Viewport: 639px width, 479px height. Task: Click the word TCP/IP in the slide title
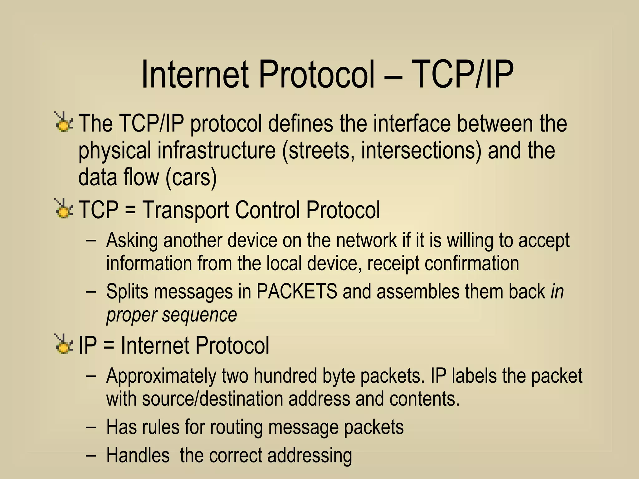pos(463,75)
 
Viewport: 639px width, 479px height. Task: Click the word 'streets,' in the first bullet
pos(321,150)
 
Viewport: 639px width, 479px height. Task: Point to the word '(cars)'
pos(191,177)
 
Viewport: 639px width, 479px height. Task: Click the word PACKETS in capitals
pos(297,291)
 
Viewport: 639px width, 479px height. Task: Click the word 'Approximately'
pos(161,375)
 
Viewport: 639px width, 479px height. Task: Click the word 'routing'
pos(236,427)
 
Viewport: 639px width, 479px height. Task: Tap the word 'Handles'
pos(138,455)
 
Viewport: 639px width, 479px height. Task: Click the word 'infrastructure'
pos(217,150)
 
